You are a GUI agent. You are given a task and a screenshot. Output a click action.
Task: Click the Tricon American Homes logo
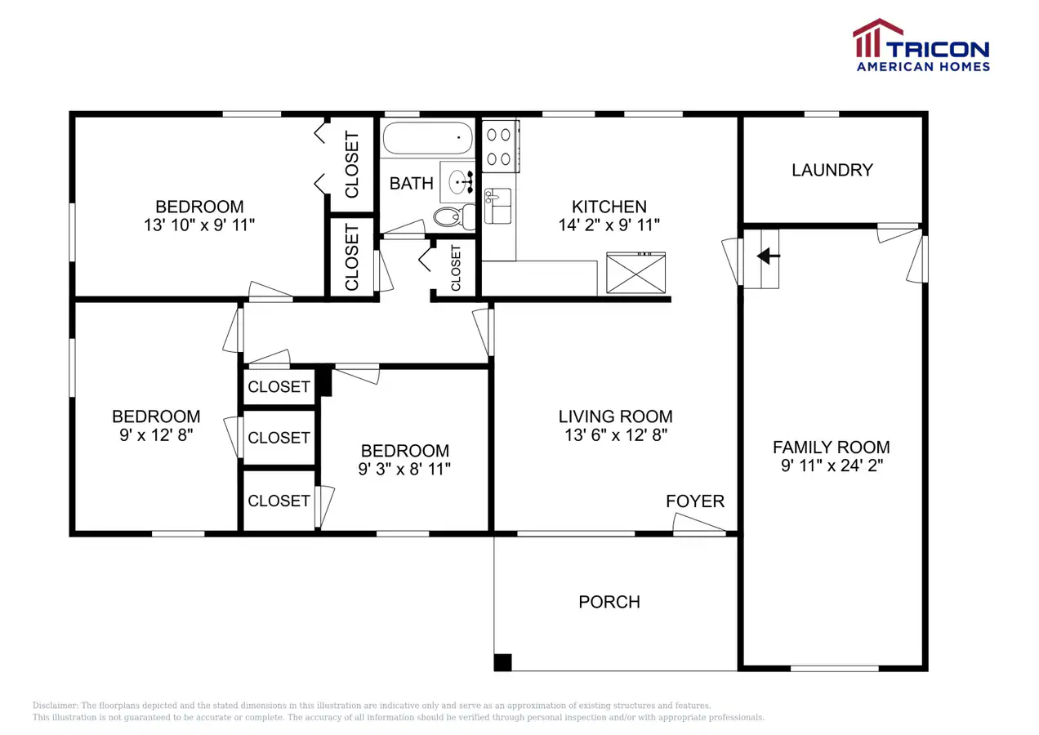(921, 45)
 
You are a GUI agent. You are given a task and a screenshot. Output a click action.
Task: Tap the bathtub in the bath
(428, 138)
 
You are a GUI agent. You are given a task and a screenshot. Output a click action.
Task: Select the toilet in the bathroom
(454, 216)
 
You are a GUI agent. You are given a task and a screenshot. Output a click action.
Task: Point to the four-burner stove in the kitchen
(500, 146)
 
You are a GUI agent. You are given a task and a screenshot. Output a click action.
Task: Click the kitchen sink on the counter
(497, 206)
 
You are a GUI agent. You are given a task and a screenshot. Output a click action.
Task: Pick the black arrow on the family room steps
(768, 256)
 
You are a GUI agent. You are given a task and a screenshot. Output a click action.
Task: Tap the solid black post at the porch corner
(503, 662)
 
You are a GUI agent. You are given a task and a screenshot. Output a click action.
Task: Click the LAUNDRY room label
(832, 170)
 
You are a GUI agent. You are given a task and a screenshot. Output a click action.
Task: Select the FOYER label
(695, 501)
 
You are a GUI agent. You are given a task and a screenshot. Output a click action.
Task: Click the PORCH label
(609, 602)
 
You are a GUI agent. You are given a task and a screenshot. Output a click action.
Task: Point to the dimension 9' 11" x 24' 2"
(832, 465)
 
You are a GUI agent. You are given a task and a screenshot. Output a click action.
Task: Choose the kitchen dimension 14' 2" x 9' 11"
(609, 225)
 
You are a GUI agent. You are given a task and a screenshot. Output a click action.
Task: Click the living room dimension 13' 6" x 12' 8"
(616, 435)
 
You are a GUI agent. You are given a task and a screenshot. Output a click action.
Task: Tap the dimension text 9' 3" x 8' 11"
(404, 469)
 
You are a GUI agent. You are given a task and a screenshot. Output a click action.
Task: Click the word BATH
(412, 184)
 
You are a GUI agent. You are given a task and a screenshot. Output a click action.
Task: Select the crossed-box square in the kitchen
(636, 273)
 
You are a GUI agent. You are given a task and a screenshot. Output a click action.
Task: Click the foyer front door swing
(699, 524)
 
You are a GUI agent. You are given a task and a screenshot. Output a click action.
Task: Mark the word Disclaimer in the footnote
(56, 706)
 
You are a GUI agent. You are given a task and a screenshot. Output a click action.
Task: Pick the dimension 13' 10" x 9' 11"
(199, 225)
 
